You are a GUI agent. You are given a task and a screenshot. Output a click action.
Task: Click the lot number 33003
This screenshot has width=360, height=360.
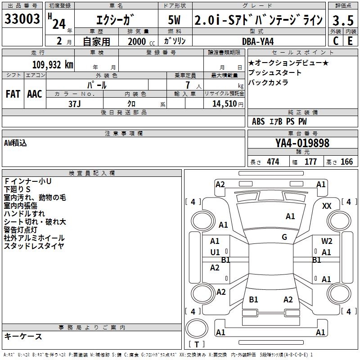coord(22,20)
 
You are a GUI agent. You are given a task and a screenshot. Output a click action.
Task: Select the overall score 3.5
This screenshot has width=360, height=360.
coord(342,20)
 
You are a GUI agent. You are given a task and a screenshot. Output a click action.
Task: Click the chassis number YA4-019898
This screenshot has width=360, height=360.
coord(302,143)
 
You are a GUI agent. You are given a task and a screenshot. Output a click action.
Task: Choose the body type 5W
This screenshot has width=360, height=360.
coord(175,20)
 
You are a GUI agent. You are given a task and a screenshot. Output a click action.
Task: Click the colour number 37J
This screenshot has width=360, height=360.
coord(74,103)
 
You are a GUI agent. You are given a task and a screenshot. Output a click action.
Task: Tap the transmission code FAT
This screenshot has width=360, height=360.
coord(13,94)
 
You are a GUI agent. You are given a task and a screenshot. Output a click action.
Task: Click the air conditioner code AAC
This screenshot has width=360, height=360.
coord(34,94)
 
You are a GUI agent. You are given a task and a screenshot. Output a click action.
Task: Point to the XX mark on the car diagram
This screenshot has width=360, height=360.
coord(327,206)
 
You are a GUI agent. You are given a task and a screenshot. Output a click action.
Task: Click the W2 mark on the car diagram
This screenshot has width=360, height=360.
coord(327,241)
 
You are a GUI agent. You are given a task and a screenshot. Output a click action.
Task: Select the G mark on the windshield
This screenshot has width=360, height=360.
coord(284,237)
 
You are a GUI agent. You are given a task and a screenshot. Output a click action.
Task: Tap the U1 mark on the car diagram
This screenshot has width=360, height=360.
coord(215,252)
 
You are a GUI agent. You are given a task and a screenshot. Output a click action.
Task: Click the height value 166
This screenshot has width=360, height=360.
coord(346,162)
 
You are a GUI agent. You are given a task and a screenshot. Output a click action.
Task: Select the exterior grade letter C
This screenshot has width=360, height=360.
coord(335,40)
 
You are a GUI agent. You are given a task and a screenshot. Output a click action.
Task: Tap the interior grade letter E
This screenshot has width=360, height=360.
coord(350,40)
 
